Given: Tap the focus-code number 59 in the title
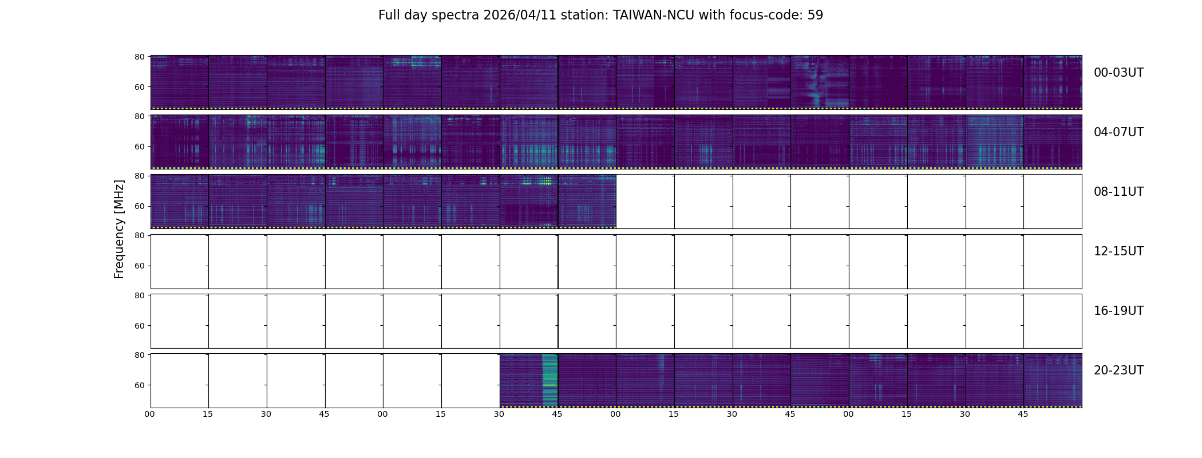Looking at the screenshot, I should pyautogui.click(x=815, y=15).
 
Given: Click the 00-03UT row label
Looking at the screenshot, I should pyautogui.click(x=1118, y=73).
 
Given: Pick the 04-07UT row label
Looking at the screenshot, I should pyautogui.click(x=1118, y=132).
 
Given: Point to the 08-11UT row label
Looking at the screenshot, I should pyautogui.click(x=1118, y=192).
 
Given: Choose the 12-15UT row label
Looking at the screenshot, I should pyautogui.click(x=1118, y=251).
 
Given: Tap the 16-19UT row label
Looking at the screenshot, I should pyautogui.click(x=1118, y=311).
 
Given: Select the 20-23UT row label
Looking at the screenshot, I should pyautogui.click(x=1118, y=370).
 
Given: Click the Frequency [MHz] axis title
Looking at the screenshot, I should pyautogui.click(x=119, y=229).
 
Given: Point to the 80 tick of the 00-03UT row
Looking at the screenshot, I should pyautogui.click(x=139, y=57).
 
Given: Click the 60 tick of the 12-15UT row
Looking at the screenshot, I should pyautogui.click(x=139, y=266).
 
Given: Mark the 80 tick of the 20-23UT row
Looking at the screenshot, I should pyautogui.click(x=139, y=355).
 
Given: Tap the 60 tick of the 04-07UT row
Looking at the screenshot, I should pyautogui.click(x=139, y=147).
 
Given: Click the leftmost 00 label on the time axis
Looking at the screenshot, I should pyautogui.click(x=150, y=414).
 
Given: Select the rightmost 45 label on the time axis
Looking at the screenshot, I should pyautogui.click(x=1023, y=414).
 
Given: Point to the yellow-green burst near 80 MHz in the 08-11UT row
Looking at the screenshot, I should pyautogui.click(x=545, y=181).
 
